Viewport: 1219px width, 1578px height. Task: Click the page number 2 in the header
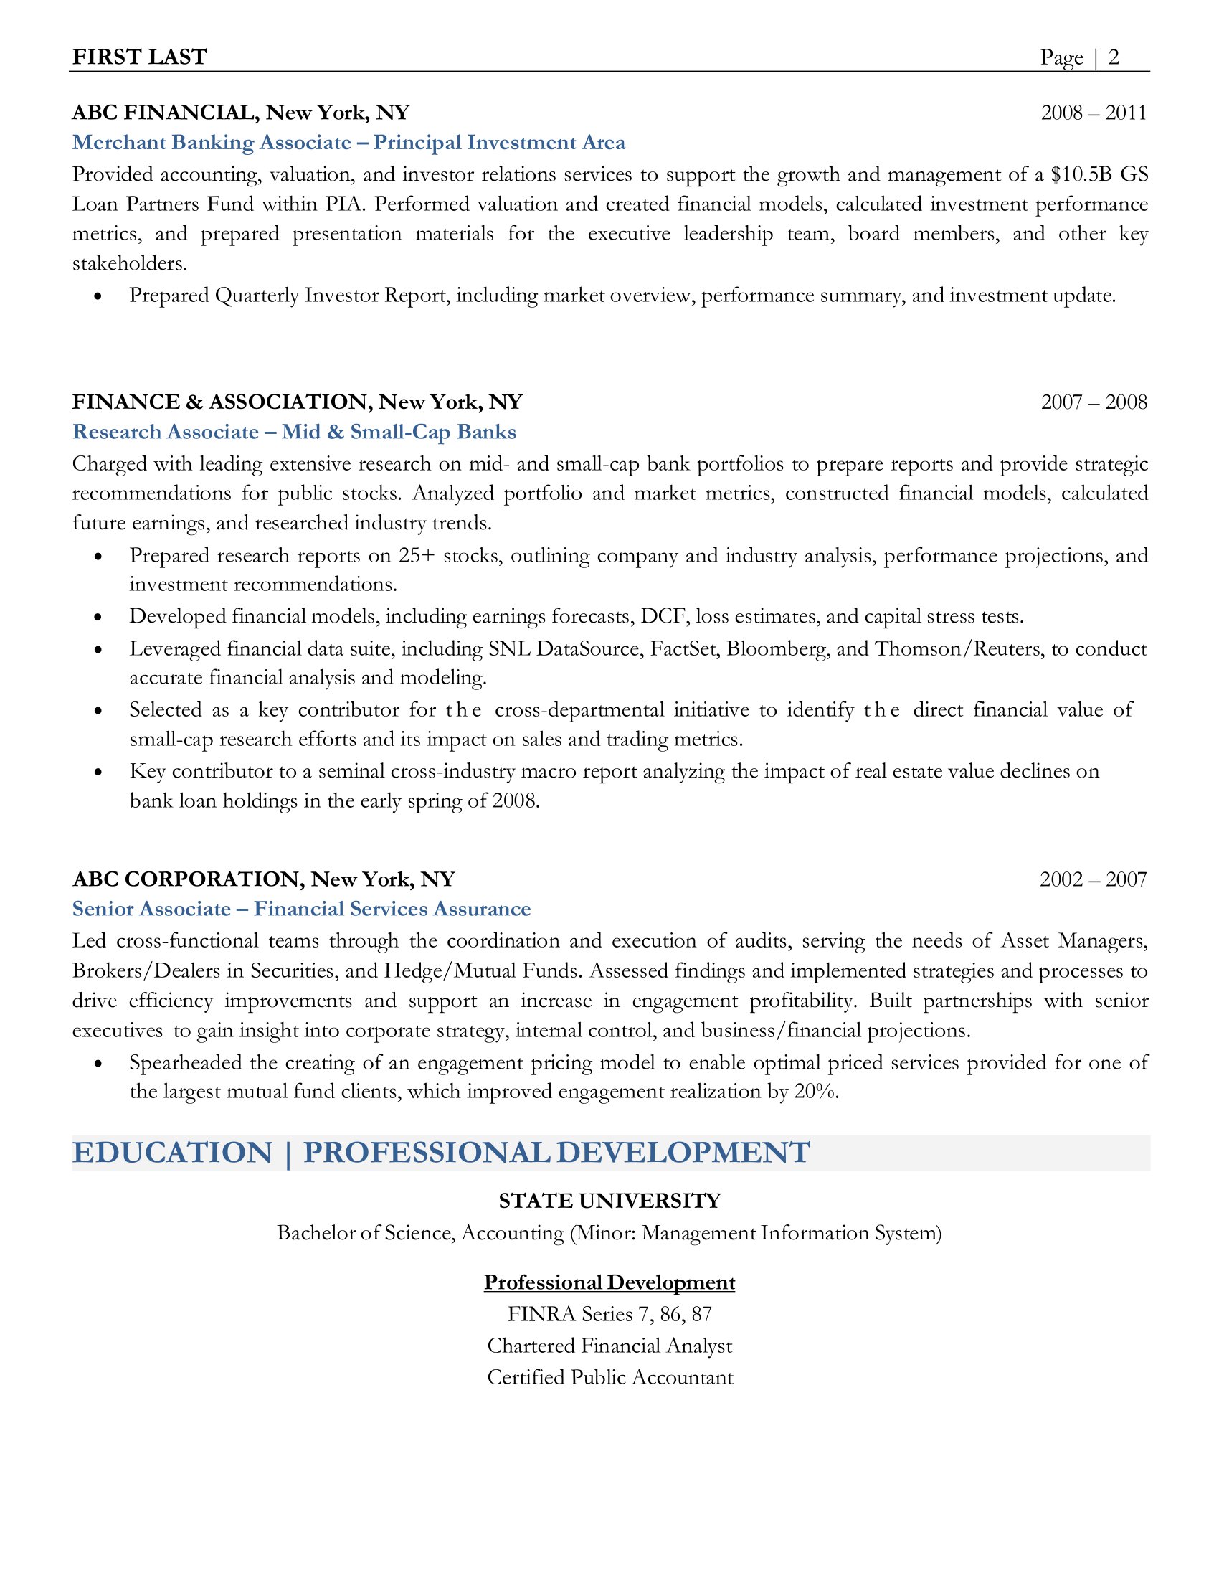tap(1114, 57)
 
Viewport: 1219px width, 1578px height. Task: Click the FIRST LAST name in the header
tap(139, 57)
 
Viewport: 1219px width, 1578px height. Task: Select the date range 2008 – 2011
tap(1094, 113)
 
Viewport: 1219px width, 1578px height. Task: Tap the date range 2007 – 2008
tap(1094, 402)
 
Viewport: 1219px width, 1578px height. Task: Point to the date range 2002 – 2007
tap(1093, 879)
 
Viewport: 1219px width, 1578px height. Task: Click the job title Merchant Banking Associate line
tap(348, 142)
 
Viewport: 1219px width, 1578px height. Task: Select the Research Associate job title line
tap(294, 432)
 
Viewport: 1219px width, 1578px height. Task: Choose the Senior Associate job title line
tap(301, 909)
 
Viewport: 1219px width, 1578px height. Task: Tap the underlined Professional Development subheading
tap(609, 1282)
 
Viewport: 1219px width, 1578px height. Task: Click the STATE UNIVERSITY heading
tap(609, 1201)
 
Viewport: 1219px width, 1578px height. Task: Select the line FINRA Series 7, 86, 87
tap(609, 1314)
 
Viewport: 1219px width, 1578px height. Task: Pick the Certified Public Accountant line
tap(609, 1377)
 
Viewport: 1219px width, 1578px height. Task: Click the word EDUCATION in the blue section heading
tap(173, 1153)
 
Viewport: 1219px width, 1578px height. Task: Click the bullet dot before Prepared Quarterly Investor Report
tap(98, 296)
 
